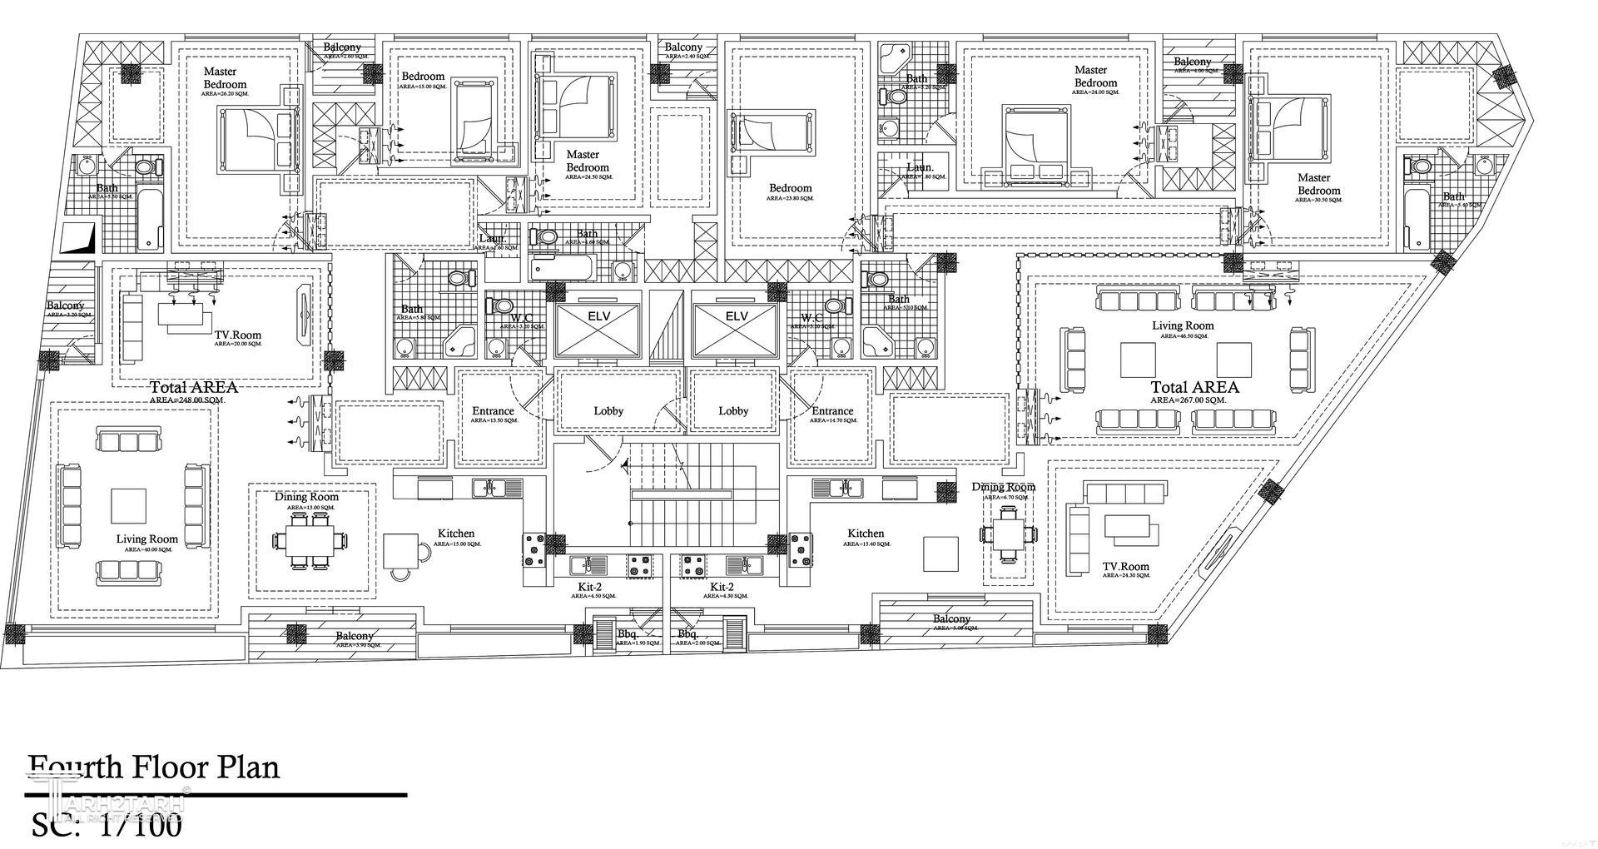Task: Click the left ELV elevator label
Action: click(x=598, y=316)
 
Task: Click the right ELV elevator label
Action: click(x=737, y=316)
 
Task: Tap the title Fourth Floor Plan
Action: click(x=154, y=767)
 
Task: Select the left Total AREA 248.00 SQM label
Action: click(x=194, y=387)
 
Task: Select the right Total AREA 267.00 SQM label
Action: click(x=1194, y=387)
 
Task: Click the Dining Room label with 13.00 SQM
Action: click(x=307, y=497)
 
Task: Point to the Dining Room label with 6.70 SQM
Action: click(x=1003, y=487)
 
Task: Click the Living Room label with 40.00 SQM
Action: click(x=147, y=539)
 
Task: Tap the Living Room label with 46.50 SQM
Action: click(x=1183, y=325)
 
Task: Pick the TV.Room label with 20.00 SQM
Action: click(x=237, y=335)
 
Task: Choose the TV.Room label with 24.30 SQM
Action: click(x=1126, y=566)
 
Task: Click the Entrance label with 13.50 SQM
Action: click(x=493, y=411)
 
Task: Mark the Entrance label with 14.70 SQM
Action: click(x=832, y=411)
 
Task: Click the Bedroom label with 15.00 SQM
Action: click(x=423, y=77)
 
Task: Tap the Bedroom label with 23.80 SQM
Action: click(x=790, y=188)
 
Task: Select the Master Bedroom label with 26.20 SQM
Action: click(x=225, y=78)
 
